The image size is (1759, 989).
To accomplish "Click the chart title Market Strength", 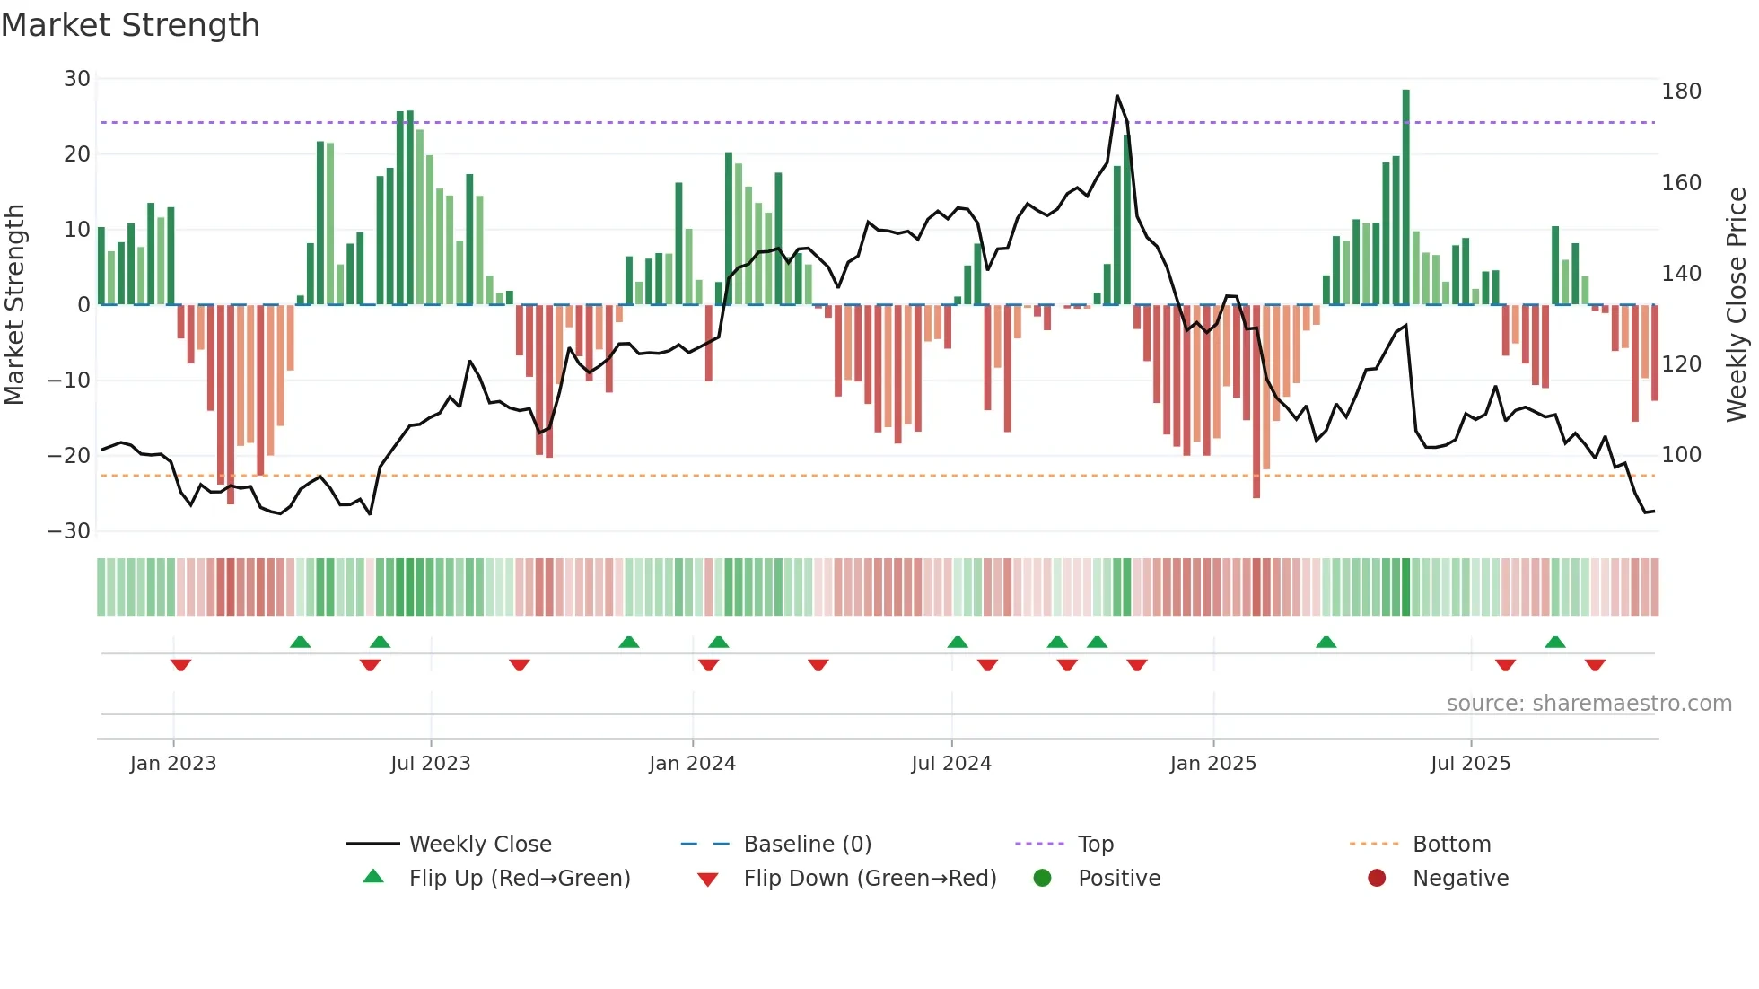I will [130, 25].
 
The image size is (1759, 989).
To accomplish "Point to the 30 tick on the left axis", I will [76, 79].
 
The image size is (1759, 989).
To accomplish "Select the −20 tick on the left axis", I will [68, 455].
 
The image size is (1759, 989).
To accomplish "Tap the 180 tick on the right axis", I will [1681, 92].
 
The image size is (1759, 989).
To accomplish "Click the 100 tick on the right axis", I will [1681, 455].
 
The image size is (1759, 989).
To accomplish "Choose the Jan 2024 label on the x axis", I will [692, 764].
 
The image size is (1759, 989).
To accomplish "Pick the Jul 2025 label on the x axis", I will [1470, 764].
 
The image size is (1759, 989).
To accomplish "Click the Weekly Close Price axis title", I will [1737, 305].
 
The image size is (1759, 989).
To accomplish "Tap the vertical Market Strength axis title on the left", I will [15, 305].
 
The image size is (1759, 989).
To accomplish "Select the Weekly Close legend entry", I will [479, 845].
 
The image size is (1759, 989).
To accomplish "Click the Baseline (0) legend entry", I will [807, 845].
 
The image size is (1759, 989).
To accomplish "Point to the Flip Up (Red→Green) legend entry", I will [519, 879].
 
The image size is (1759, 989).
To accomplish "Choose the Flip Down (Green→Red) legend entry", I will [869, 879].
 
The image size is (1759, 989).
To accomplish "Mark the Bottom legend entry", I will [1450, 845].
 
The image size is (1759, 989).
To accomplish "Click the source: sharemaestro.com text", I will [1588, 704].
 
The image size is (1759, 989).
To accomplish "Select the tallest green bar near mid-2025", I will [1405, 197].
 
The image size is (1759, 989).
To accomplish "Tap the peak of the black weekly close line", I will [1116, 96].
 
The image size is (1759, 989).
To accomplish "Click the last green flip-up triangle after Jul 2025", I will [1555, 643].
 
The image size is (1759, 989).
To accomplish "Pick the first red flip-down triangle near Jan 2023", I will [180, 665].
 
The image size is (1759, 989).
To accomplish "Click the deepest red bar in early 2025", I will [1256, 401].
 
